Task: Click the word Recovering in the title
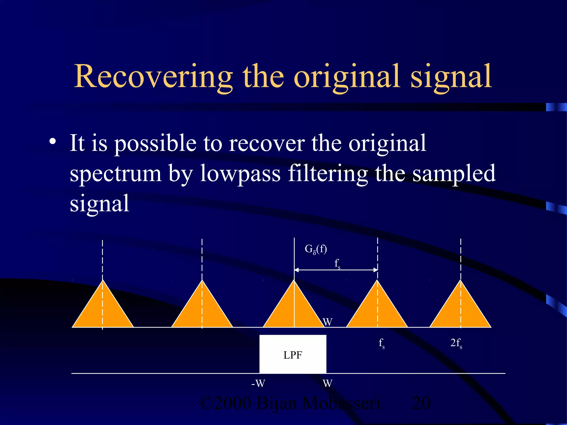click(153, 77)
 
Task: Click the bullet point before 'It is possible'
click(53, 142)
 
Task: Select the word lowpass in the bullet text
click(240, 173)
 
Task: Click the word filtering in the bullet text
click(328, 173)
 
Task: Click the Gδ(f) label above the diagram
click(316, 249)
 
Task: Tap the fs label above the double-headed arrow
click(337, 263)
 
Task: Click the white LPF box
click(293, 354)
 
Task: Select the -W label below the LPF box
click(258, 383)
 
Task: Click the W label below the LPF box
click(328, 383)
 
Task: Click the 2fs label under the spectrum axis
click(456, 343)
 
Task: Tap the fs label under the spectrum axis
click(382, 343)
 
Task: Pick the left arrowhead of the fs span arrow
click(296, 270)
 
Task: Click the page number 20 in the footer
click(421, 403)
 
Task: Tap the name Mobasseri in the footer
click(341, 403)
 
